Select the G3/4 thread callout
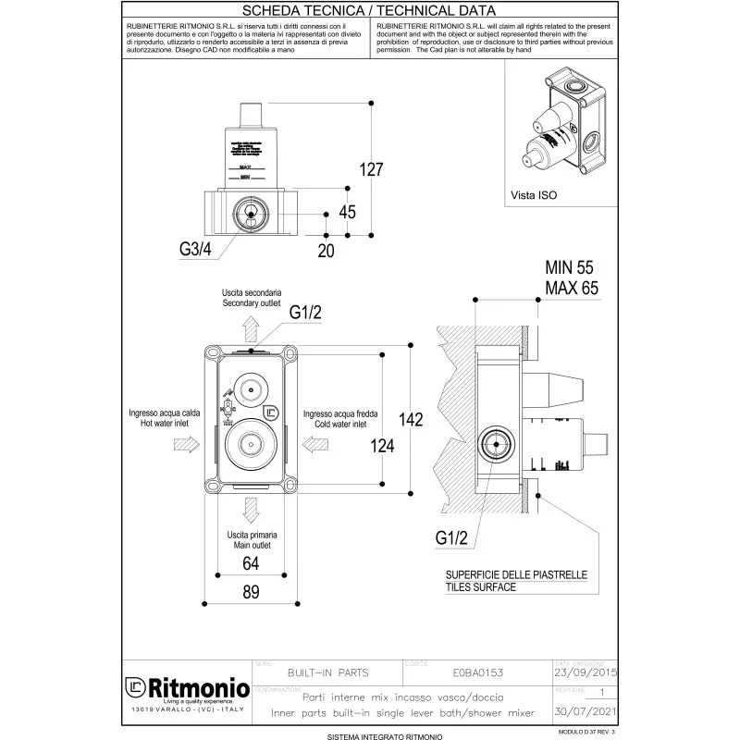[198, 248]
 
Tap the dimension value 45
[347, 212]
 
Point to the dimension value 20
[325, 250]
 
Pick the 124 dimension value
[382, 446]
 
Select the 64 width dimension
[250, 563]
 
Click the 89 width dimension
[250, 593]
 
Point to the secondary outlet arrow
[250, 328]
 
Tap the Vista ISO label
[534, 196]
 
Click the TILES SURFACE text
[481, 587]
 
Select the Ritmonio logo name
[195, 690]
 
